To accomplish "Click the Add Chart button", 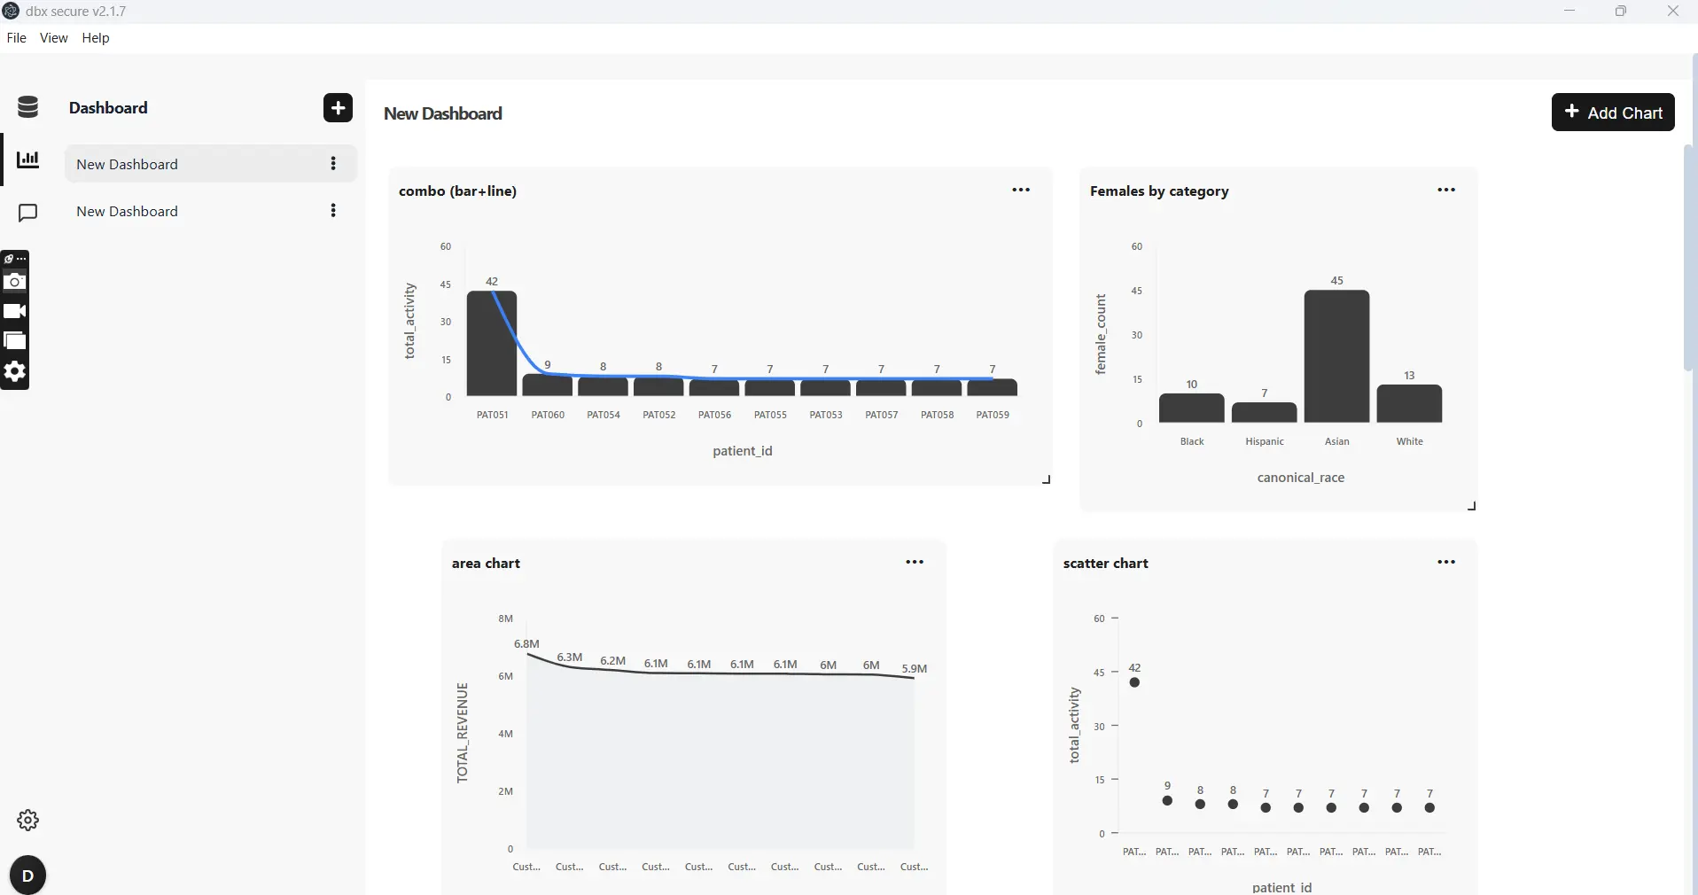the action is pos(1613,113).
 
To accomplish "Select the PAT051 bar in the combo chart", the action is pos(492,343).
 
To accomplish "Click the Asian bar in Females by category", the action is pos(1336,356).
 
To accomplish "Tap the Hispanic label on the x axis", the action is pos(1265,441).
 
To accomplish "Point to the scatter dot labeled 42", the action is pos(1134,682).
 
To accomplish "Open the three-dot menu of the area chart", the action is pos(915,562).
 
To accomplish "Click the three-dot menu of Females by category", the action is pos(1446,190).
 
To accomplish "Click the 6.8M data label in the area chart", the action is pos(526,644).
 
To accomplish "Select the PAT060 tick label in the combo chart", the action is pos(548,415).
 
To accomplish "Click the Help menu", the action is pos(96,38).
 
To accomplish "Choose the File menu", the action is pos(16,38).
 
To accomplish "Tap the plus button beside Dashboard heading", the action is pos(338,108).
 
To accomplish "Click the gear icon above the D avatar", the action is pos(27,821).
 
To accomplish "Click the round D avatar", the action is pos(27,876).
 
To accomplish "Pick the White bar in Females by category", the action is pos(1409,403).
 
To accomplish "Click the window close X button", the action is pos(1673,12).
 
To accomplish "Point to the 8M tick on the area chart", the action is pos(505,619).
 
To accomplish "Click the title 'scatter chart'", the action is pos(1105,564).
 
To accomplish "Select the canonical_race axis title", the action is pos(1301,478).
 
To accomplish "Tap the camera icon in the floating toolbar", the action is pos(15,282).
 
